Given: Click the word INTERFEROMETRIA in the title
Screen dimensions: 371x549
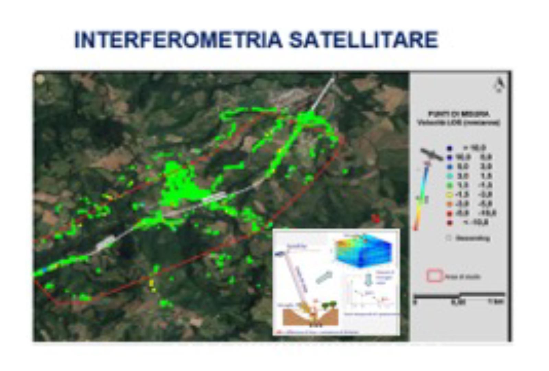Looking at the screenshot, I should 178,40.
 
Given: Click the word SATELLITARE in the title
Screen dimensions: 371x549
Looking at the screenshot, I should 363,40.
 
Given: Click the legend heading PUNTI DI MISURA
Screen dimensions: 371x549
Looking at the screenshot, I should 458,114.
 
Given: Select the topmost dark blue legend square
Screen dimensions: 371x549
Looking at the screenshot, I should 449,148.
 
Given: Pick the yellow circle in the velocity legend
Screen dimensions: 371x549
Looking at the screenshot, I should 449,195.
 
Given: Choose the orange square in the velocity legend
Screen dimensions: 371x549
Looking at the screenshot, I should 449,204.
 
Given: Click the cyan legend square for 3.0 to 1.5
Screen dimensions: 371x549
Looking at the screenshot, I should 449,176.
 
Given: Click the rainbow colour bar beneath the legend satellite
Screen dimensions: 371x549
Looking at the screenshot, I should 422,196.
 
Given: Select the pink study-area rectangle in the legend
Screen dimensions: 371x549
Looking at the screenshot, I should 434,276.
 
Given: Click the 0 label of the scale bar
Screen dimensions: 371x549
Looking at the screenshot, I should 415,302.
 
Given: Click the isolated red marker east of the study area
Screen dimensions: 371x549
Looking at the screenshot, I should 376,218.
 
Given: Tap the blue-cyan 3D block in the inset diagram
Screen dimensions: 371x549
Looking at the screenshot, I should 364,252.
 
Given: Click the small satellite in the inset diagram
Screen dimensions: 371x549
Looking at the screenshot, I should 280,254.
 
